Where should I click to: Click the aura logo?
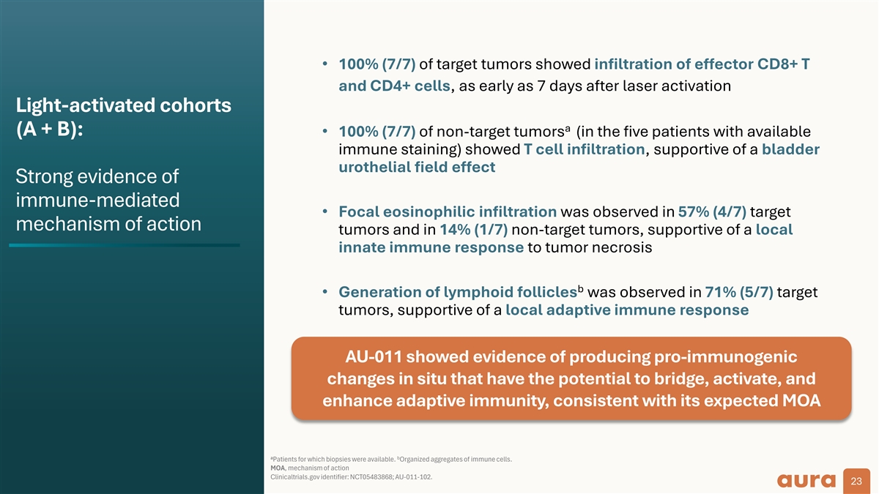806,480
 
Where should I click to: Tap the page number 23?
856,481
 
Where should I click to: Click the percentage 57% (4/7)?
712,212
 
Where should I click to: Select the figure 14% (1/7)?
474,229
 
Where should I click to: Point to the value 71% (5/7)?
739,292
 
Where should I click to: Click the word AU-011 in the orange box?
374,357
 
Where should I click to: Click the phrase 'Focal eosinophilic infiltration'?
448,212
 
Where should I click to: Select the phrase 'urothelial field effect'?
417,167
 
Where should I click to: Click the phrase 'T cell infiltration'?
585,149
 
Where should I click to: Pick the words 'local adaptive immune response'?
627,310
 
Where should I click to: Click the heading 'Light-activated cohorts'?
124,105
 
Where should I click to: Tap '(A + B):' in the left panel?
50,130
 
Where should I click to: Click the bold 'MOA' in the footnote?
278,468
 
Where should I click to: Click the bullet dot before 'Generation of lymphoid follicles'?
325,292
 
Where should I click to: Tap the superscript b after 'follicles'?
580,289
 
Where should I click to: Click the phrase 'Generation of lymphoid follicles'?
458,292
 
